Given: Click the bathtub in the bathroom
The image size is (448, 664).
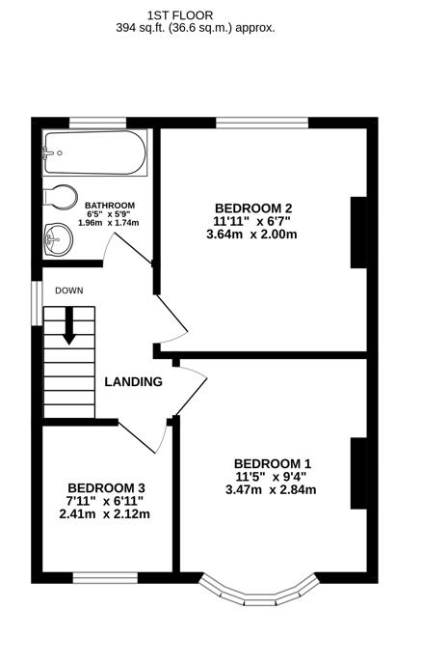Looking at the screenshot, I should point(94,152).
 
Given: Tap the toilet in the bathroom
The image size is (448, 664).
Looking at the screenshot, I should point(60,197).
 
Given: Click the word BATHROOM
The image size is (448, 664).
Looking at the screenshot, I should point(109,206).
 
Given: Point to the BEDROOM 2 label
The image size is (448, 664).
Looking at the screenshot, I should point(253,207).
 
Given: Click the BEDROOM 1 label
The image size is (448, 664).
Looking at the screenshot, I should point(273,462).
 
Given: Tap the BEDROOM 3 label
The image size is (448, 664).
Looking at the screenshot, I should point(105,487).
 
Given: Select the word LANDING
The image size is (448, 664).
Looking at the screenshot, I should point(133,381).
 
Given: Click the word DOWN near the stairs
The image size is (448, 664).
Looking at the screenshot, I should point(68,290).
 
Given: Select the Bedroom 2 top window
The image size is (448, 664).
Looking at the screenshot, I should point(261,123).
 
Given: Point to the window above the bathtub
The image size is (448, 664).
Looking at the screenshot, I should point(99,123).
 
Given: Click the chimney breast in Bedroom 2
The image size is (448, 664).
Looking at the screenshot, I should point(357,232).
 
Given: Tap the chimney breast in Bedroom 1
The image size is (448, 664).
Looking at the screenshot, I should point(357,472).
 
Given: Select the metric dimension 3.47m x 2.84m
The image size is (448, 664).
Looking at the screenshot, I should point(273,489).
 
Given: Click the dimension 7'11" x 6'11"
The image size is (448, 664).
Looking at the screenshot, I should point(105,501).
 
